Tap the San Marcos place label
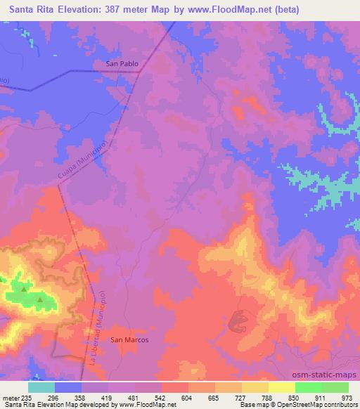pyautogui.click(x=129, y=339)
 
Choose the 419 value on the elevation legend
pyautogui.click(x=108, y=397)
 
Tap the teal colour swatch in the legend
pyautogui.click(x=41, y=387)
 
